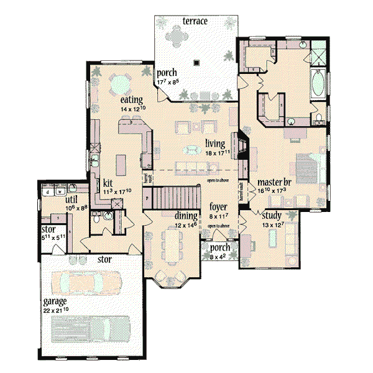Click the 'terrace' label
[x=195, y=22]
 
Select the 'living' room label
[x=215, y=143]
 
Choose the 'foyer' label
[x=218, y=206]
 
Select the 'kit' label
[x=108, y=183]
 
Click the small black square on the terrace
[x=197, y=62]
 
